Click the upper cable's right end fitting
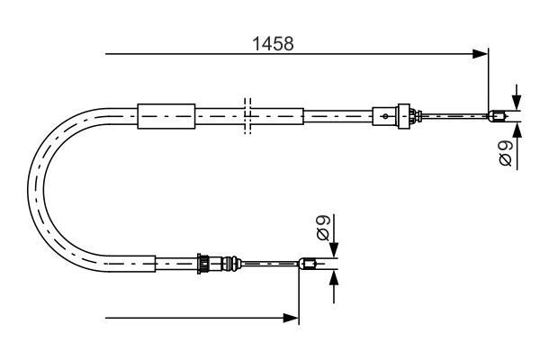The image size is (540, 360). tap(496, 114)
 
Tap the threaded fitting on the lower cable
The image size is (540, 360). tap(209, 264)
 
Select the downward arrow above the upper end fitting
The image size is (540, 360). tap(517, 101)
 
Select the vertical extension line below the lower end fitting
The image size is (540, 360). tap(299, 297)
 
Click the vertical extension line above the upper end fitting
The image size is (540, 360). tap(489, 81)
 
